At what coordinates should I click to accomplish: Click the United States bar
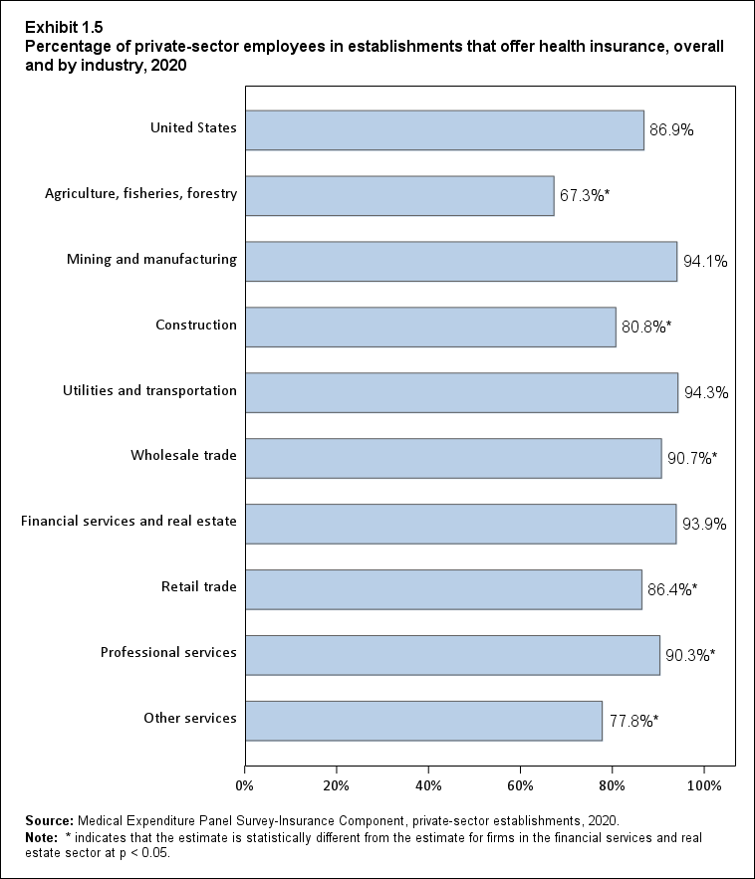click(x=444, y=129)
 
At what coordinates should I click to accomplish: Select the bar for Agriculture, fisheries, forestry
click(x=399, y=195)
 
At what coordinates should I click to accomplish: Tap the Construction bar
click(x=430, y=327)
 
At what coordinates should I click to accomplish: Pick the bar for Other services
click(x=423, y=720)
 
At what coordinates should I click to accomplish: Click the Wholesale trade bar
click(x=453, y=458)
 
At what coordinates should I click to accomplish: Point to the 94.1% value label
click(x=705, y=263)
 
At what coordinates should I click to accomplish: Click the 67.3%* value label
click(x=584, y=196)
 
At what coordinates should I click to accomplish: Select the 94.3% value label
click(x=706, y=393)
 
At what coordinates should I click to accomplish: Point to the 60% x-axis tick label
click(x=521, y=785)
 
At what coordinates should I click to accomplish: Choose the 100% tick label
click(x=704, y=785)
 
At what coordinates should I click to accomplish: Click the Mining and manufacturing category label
click(x=151, y=260)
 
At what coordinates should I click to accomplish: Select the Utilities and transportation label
click(x=148, y=391)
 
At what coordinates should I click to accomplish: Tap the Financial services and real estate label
click(x=128, y=522)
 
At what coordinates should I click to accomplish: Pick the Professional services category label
click(x=168, y=653)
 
